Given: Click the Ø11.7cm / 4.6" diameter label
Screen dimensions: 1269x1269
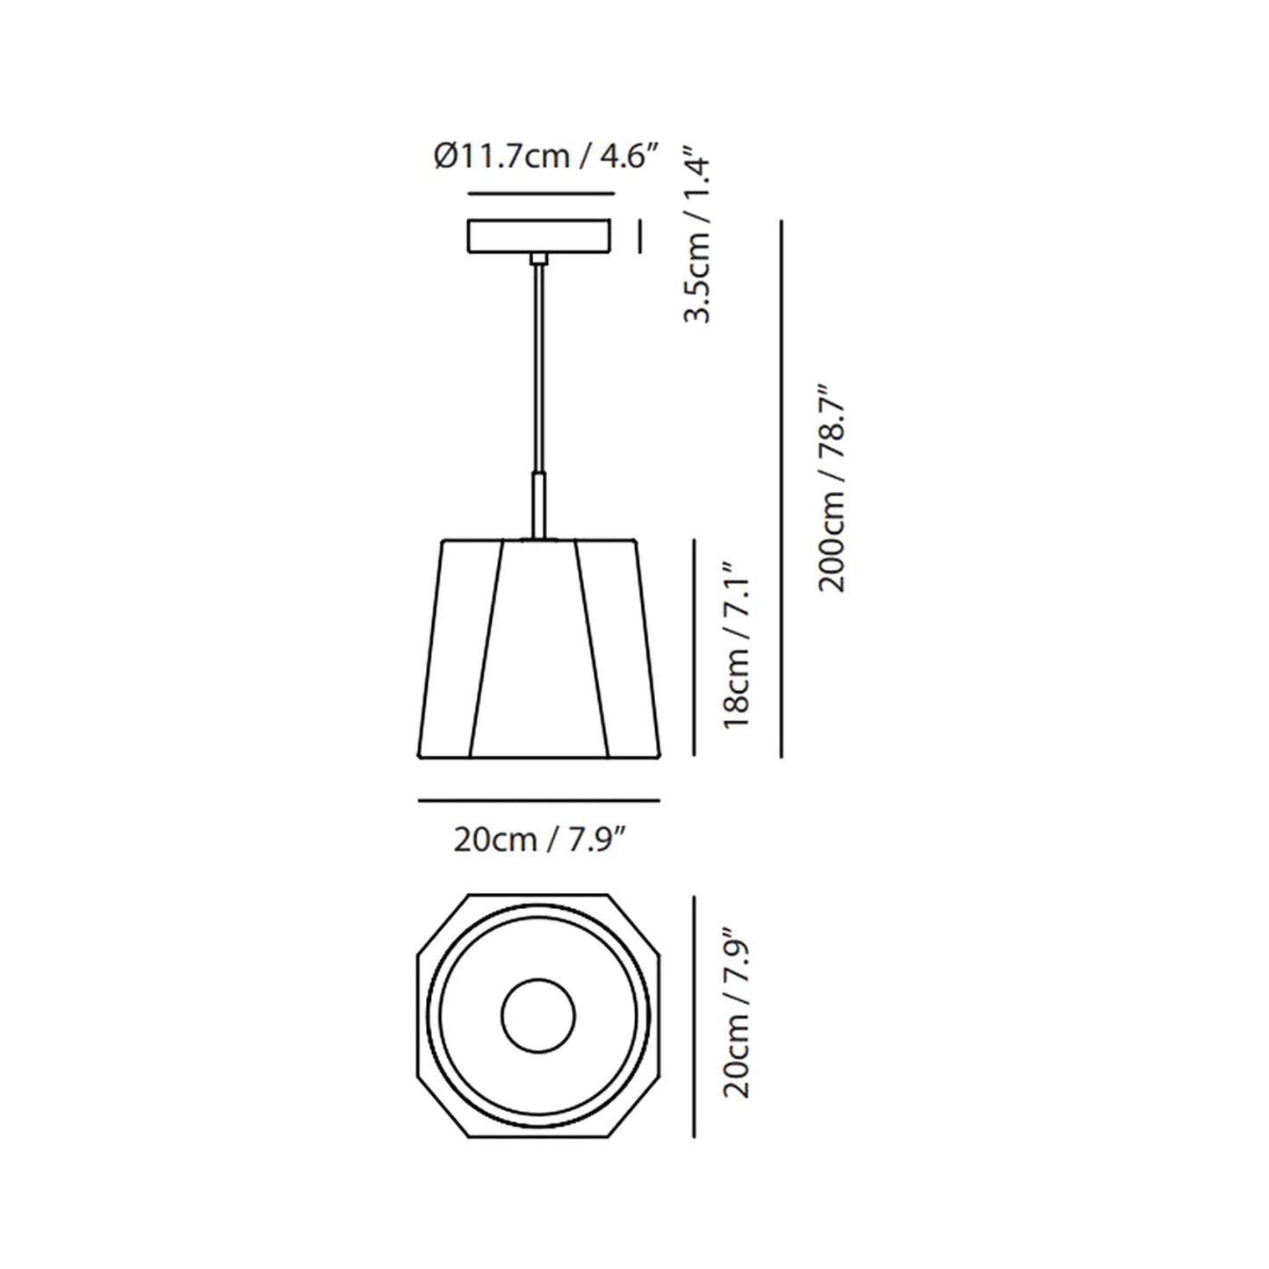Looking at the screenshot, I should (545, 158).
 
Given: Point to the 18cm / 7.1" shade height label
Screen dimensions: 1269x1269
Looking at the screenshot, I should (736, 645).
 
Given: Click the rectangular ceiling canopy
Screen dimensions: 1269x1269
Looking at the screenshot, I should (539, 235).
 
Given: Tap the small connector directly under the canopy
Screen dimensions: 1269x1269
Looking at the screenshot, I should (538, 258).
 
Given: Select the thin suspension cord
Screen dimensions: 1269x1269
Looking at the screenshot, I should (538, 369).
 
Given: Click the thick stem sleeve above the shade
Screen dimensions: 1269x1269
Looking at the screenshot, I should (538, 505).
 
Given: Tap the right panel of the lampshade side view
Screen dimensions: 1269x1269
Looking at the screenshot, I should (625, 650).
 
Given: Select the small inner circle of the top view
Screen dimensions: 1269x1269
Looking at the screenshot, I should (538, 1017).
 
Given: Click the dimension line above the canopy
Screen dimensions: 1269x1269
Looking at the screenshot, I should (539, 193).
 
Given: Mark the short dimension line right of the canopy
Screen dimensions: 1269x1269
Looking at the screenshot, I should (640, 235).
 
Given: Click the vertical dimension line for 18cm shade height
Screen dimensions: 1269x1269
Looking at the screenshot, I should (694, 646).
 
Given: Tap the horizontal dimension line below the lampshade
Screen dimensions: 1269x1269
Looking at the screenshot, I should (538, 800).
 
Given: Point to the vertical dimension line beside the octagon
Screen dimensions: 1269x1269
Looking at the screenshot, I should (694, 1017).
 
